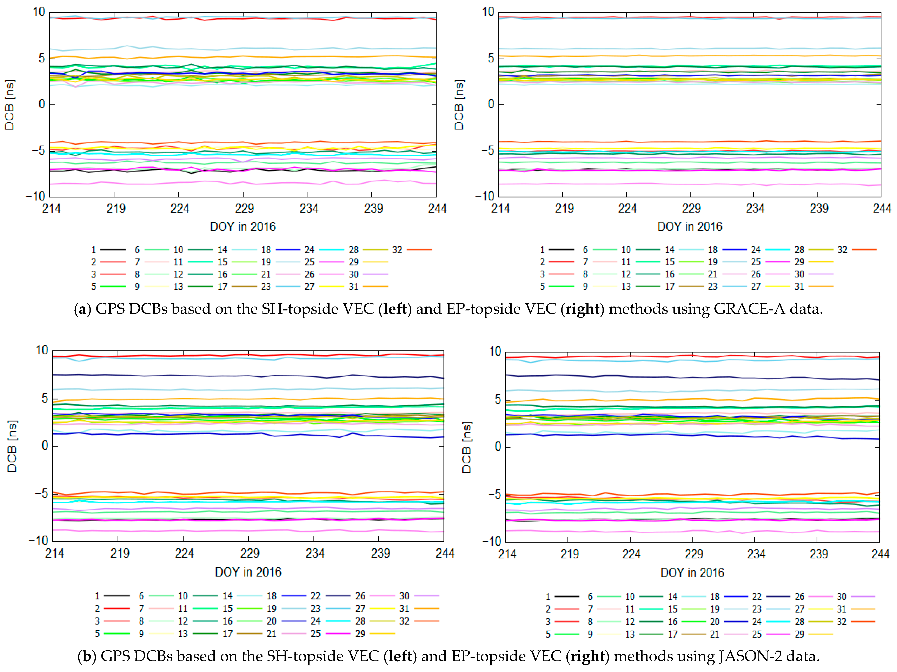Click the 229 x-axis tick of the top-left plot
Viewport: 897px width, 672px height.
point(244,208)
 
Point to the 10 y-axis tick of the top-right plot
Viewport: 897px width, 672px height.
point(488,12)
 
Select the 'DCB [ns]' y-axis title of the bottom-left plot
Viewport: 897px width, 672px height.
point(12,446)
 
